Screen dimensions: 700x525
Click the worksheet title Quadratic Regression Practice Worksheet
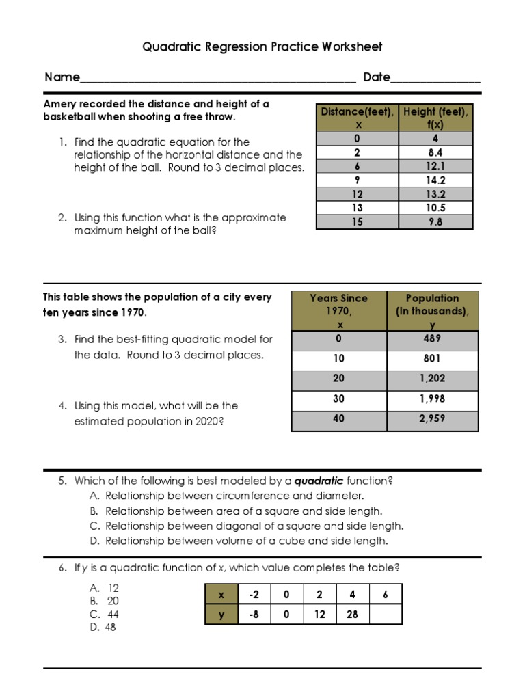[262, 47]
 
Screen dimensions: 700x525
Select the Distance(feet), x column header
[358, 118]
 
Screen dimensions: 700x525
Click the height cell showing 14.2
[435, 180]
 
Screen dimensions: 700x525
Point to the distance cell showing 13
[358, 208]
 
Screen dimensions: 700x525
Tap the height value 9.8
[435, 221]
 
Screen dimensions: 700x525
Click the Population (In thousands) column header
[432, 311]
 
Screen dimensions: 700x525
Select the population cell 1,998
[432, 399]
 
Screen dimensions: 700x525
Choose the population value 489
[432, 338]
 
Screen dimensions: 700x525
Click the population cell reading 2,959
[432, 418]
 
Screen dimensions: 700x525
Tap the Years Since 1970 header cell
[339, 311]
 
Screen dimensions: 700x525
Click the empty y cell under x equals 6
[386, 614]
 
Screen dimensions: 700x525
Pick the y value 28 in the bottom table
[352, 614]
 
